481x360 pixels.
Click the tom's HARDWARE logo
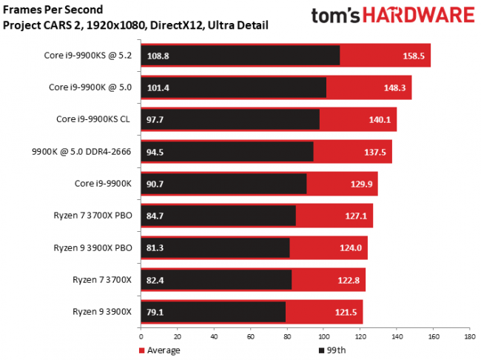(x=391, y=17)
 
